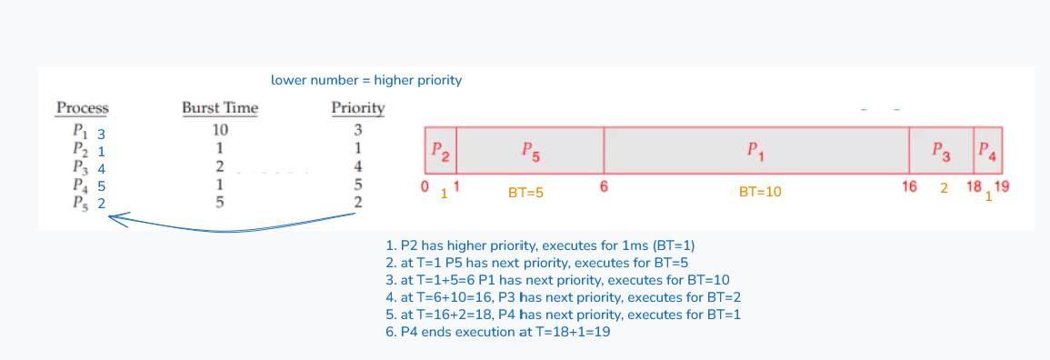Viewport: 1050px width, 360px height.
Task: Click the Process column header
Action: pyautogui.click(x=83, y=108)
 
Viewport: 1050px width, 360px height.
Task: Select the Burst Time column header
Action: pyautogui.click(x=220, y=108)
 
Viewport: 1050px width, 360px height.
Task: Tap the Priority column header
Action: pyautogui.click(x=358, y=108)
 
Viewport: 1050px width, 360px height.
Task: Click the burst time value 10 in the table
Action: pyautogui.click(x=220, y=129)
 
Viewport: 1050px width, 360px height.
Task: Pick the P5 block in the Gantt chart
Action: pyautogui.click(x=530, y=151)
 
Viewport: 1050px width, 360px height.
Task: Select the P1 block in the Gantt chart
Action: pyautogui.click(x=756, y=151)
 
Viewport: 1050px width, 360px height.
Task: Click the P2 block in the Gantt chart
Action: pyautogui.click(x=441, y=151)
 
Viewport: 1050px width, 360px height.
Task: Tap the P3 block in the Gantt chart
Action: pyautogui.click(x=941, y=151)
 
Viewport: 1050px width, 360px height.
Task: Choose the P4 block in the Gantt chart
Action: pyautogui.click(x=987, y=151)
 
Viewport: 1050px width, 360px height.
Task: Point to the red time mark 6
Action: pyautogui.click(x=604, y=187)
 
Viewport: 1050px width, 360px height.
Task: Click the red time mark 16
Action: pyautogui.click(x=909, y=187)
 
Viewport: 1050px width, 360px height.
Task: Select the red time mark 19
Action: pyautogui.click(x=1001, y=187)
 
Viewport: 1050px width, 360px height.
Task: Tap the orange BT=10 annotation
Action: pyautogui.click(x=760, y=192)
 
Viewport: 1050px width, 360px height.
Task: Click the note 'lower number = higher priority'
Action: pyautogui.click(x=366, y=81)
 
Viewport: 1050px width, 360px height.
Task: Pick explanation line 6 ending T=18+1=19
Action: pyautogui.click(x=498, y=332)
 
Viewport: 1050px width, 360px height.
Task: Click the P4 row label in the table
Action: pyautogui.click(x=88, y=185)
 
